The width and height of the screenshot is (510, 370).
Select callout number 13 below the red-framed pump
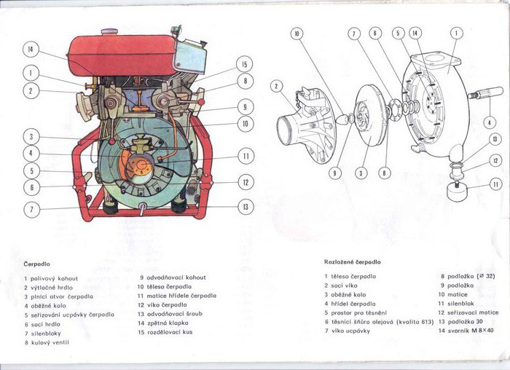[246, 207]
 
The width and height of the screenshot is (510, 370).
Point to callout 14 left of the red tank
[30, 50]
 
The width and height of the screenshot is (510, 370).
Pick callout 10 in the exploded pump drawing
[297, 34]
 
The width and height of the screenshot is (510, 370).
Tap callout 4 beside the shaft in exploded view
[490, 122]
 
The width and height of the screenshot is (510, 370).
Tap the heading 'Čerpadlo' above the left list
[36, 264]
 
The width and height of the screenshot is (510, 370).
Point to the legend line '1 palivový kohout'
[51, 278]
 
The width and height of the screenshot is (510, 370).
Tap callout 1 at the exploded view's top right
[456, 33]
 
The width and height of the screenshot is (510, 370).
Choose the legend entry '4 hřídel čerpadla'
[350, 303]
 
